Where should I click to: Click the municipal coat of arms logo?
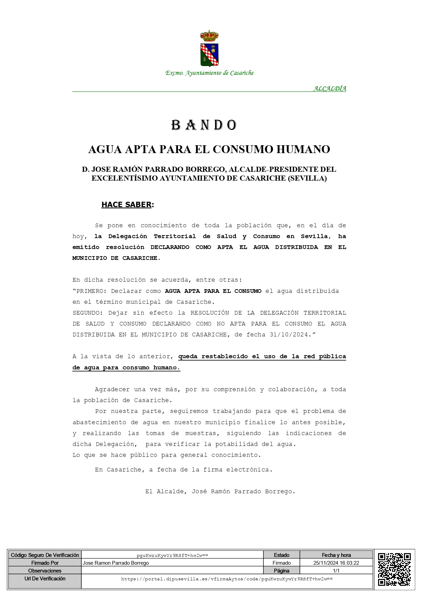(209, 48)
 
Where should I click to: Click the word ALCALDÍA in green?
(329, 88)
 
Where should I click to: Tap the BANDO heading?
(204, 125)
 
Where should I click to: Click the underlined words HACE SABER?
(126, 204)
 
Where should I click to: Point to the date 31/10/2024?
(289, 334)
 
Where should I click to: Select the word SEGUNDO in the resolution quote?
(87, 313)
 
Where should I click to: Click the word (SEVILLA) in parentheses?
(307, 178)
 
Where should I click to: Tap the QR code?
(394, 569)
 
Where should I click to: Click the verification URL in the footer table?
(227, 579)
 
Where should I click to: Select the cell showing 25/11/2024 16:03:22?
(336, 563)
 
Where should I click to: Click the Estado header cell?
(281, 555)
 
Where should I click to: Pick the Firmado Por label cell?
(45, 563)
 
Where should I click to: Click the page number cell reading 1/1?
(336, 570)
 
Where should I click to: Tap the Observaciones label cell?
(45, 570)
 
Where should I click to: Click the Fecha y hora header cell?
(336, 555)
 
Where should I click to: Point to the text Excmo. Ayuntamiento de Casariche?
(209, 73)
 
